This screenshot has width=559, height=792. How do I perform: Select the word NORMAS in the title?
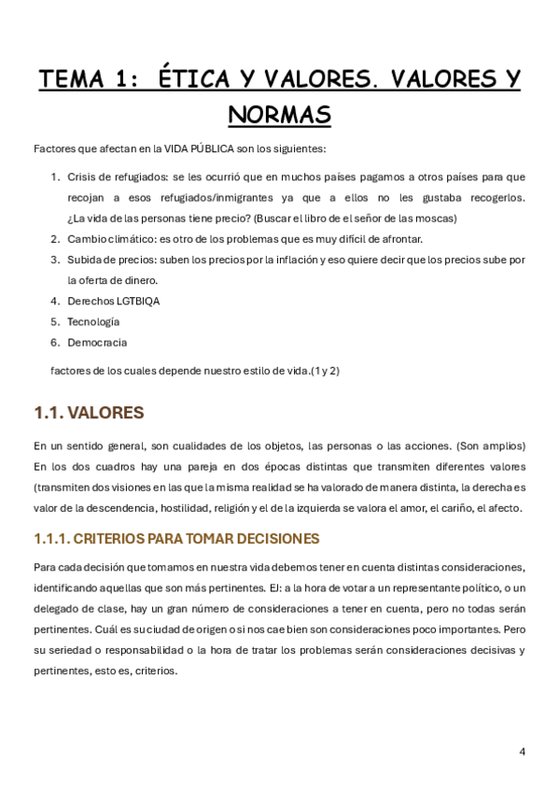279,115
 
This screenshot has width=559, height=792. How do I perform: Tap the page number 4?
522,751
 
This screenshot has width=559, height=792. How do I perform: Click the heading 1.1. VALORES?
89,412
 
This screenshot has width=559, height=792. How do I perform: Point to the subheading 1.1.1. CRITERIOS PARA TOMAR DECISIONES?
176,539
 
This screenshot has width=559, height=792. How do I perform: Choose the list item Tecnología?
93,321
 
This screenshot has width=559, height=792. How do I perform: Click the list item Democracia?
97,342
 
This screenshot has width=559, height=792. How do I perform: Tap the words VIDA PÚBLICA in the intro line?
198,148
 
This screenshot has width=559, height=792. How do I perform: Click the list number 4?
55,301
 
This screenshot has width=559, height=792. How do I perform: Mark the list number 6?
55,342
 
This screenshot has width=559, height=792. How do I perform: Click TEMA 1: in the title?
88,80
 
